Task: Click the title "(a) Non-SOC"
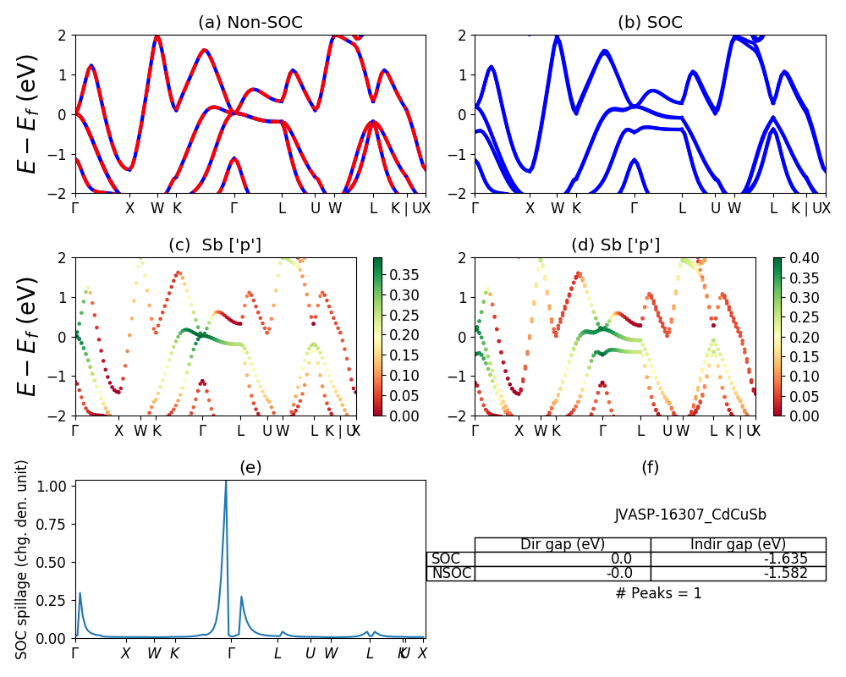250,22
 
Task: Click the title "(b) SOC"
650,22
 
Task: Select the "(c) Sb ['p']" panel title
215,245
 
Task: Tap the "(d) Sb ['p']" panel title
615,245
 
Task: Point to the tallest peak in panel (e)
226,482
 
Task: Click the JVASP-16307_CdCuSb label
690,515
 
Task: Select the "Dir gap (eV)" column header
563,544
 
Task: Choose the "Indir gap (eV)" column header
738,544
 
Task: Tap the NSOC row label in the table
451,573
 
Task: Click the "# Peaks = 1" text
658,593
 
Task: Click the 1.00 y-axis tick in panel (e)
55,487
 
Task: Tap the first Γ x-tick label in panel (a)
75,207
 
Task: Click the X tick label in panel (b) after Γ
530,207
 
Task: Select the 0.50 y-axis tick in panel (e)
55,562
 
